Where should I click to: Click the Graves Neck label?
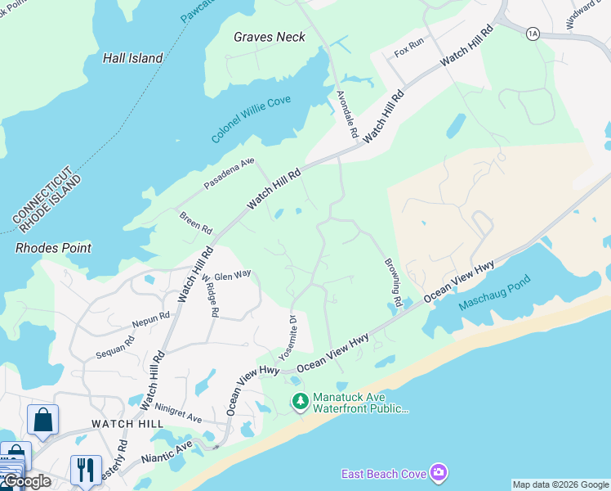(x=269, y=37)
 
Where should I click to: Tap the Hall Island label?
(x=133, y=58)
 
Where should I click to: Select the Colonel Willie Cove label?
(x=251, y=119)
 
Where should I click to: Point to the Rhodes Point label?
(x=54, y=248)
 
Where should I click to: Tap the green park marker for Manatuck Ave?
(x=301, y=401)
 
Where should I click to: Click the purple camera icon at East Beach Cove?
(x=439, y=473)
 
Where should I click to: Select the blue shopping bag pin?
(x=42, y=420)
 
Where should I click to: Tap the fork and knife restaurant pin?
(x=85, y=470)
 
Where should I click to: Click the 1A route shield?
(x=533, y=33)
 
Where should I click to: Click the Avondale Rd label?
(x=348, y=114)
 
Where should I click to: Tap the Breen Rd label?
(x=196, y=221)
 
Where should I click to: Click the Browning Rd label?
(x=394, y=283)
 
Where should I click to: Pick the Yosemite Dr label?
(x=286, y=337)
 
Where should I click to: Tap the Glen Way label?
(x=233, y=276)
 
